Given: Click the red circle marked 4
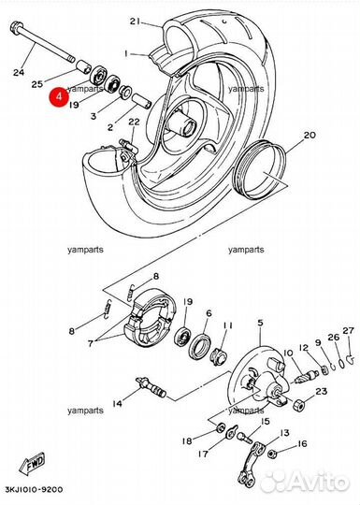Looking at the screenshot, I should (59, 96).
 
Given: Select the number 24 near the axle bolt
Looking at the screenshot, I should (19, 70).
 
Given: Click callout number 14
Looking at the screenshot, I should (117, 404).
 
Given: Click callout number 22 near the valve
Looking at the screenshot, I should (133, 123).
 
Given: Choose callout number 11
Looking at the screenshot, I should (227, 325).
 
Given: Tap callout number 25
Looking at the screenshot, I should (38, 84).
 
